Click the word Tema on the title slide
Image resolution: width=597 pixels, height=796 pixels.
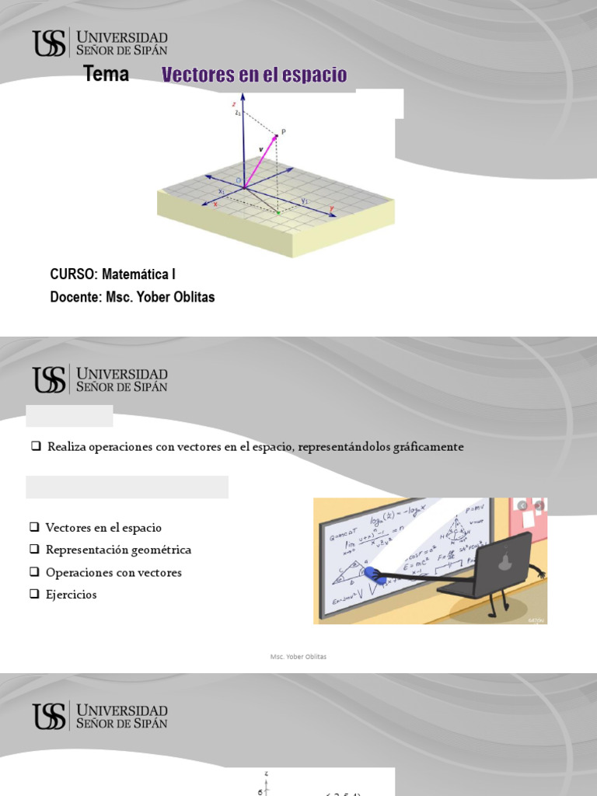[106, 75]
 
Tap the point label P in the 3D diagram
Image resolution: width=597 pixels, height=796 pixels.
[283, 132]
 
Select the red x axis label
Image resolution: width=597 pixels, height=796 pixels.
[215, 204]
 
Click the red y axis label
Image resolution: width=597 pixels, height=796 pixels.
[331, 208]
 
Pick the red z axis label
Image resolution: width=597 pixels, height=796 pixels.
[234, 103]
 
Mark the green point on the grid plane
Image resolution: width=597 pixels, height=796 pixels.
[278, 212]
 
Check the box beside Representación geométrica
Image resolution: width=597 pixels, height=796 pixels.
[35, 550]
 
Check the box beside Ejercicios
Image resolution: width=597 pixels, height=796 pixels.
[35, 595]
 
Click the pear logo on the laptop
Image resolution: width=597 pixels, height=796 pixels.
[504, 560]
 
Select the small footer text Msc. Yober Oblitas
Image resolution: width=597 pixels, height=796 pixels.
[298, 657]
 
